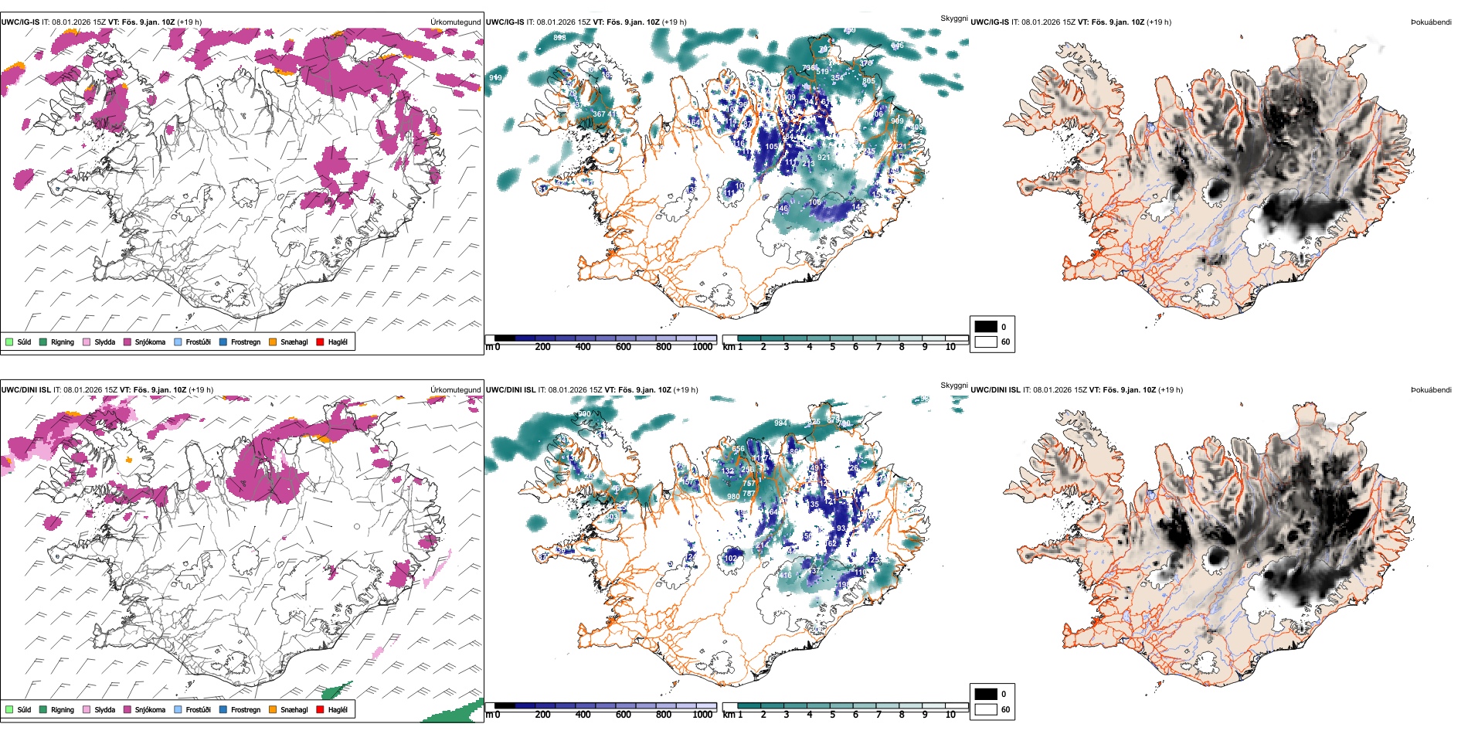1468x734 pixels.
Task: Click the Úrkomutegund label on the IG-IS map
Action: tap(455, 22)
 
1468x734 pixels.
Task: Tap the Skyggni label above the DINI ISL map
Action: tap(954, 386)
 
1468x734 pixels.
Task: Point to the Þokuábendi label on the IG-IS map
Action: tap(1431, 22)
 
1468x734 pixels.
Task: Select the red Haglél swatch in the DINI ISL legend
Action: tap(320, 709)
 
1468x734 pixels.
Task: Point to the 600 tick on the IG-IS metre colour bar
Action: tap(623, 347)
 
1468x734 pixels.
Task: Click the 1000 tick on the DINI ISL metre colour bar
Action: tap(702, 715)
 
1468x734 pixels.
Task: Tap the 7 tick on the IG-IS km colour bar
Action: tap(878, 347)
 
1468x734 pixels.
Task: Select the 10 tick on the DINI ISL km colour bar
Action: tap(950, 715)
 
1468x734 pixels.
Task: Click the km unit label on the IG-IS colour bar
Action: tap(729, 347)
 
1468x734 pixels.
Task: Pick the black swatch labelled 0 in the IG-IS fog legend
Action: tap(986, 327)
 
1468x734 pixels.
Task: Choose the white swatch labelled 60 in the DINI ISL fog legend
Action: tap(986, 709)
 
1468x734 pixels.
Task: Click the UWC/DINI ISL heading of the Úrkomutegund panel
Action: tap(25, 390)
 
